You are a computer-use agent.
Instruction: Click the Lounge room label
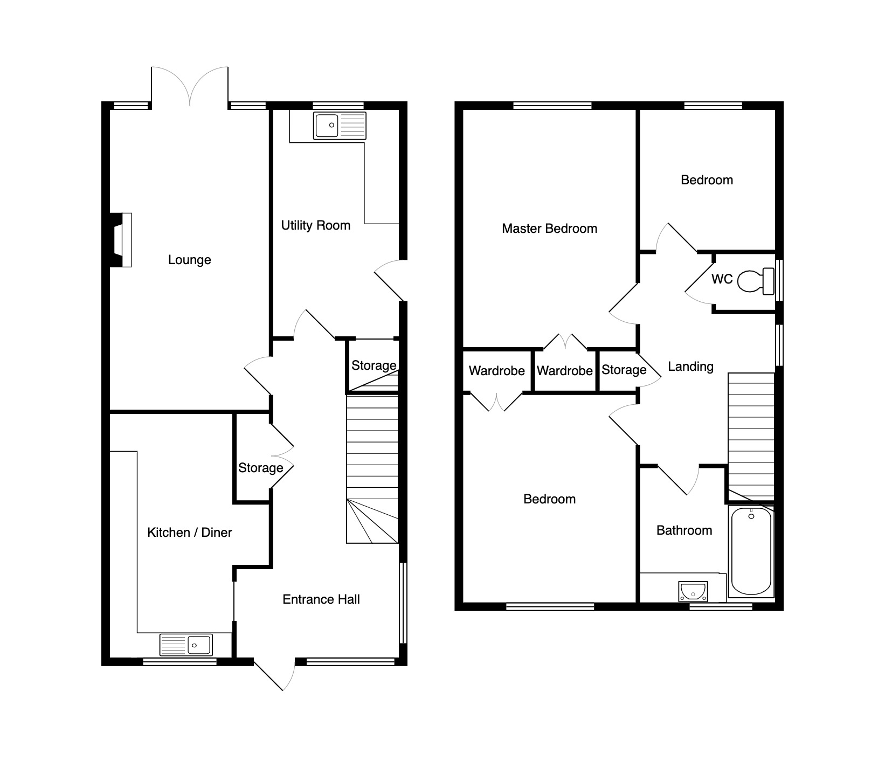(x=189, y=260)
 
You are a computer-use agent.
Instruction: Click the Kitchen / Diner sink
(x=186, y=644)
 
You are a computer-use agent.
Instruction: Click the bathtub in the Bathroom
(x=751, y=551)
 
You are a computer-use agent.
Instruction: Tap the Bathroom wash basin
(x=693, y=591)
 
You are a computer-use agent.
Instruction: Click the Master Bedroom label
(x=549, y=229)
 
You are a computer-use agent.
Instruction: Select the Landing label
(x=690, y=367)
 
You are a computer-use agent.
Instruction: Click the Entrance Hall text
(x=321, y=599)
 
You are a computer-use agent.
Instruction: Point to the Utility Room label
(x=316, y=225)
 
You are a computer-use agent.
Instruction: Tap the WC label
(x=722, y=279)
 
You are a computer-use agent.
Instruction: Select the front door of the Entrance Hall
(x=274, y=674)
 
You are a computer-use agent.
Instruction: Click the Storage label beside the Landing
(x=624, y=370)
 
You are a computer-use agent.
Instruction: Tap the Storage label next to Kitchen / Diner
(x=261, y=468)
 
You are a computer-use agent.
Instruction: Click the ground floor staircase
(x=372, y=469)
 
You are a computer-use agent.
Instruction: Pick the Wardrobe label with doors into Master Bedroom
(x=564, y=371)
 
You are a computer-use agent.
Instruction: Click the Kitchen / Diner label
(x=190, y=533)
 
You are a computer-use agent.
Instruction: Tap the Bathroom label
(x=684, y=530)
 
